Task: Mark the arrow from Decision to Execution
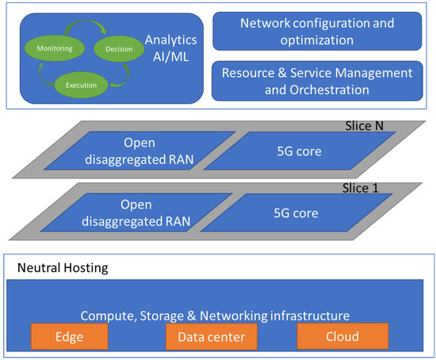127,73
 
